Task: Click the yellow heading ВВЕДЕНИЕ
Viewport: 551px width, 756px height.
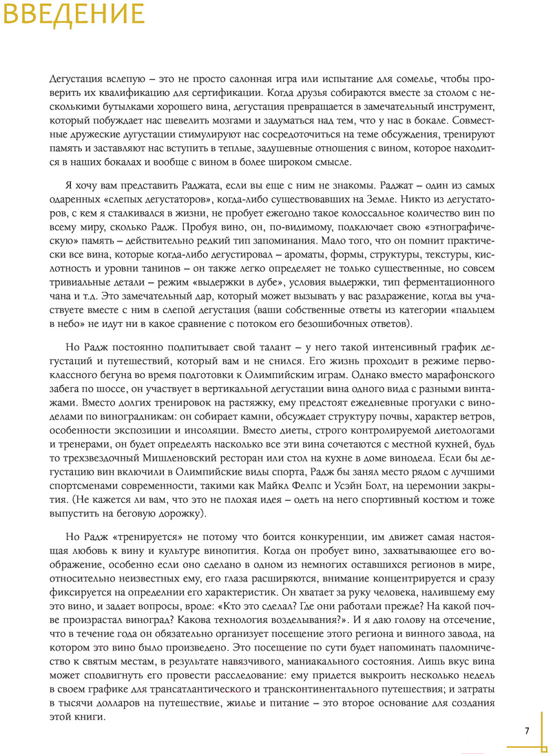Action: (x=73, y=14)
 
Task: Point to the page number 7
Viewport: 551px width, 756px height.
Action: (x=527, y=731)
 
